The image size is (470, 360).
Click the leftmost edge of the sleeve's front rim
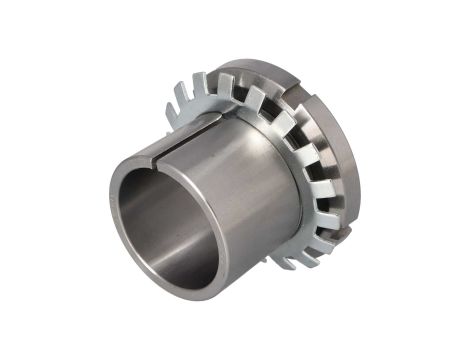tap(111, 210)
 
